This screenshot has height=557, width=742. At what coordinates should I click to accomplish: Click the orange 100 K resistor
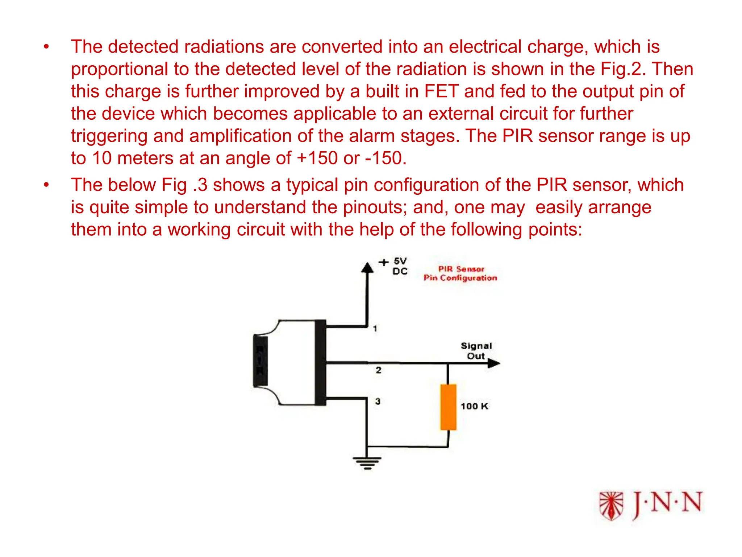coord(448,407)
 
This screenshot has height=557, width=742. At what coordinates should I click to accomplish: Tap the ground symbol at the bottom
coord(367,463)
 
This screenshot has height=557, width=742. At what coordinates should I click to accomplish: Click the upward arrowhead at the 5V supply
coord(367,268)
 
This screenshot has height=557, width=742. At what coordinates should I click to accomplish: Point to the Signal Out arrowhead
coord(493,363)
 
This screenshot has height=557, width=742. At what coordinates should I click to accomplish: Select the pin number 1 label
coord(375,329)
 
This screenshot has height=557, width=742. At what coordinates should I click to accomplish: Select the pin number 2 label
coord(378,370)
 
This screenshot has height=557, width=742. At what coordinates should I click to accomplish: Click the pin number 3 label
coord(378,401)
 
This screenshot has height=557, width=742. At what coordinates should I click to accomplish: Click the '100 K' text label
coord(474,406)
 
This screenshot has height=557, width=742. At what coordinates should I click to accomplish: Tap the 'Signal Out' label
coord(476,351)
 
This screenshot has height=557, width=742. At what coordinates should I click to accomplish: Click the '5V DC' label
coord(400,266)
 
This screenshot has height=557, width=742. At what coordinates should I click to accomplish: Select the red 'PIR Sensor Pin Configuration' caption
coord(460,273)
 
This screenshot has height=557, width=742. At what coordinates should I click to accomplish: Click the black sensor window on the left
coord(260,361)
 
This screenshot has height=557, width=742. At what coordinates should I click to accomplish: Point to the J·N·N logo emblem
coord(611,506)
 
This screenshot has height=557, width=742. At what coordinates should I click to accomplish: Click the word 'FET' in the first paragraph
coord(441,91)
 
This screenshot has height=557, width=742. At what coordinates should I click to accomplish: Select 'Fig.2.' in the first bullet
coord(623,69)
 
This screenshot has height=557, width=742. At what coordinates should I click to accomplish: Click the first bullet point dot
coord(46,47)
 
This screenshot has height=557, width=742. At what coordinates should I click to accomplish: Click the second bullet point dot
coord(46,185)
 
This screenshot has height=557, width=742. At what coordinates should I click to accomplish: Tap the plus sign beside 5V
coord(383,262)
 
